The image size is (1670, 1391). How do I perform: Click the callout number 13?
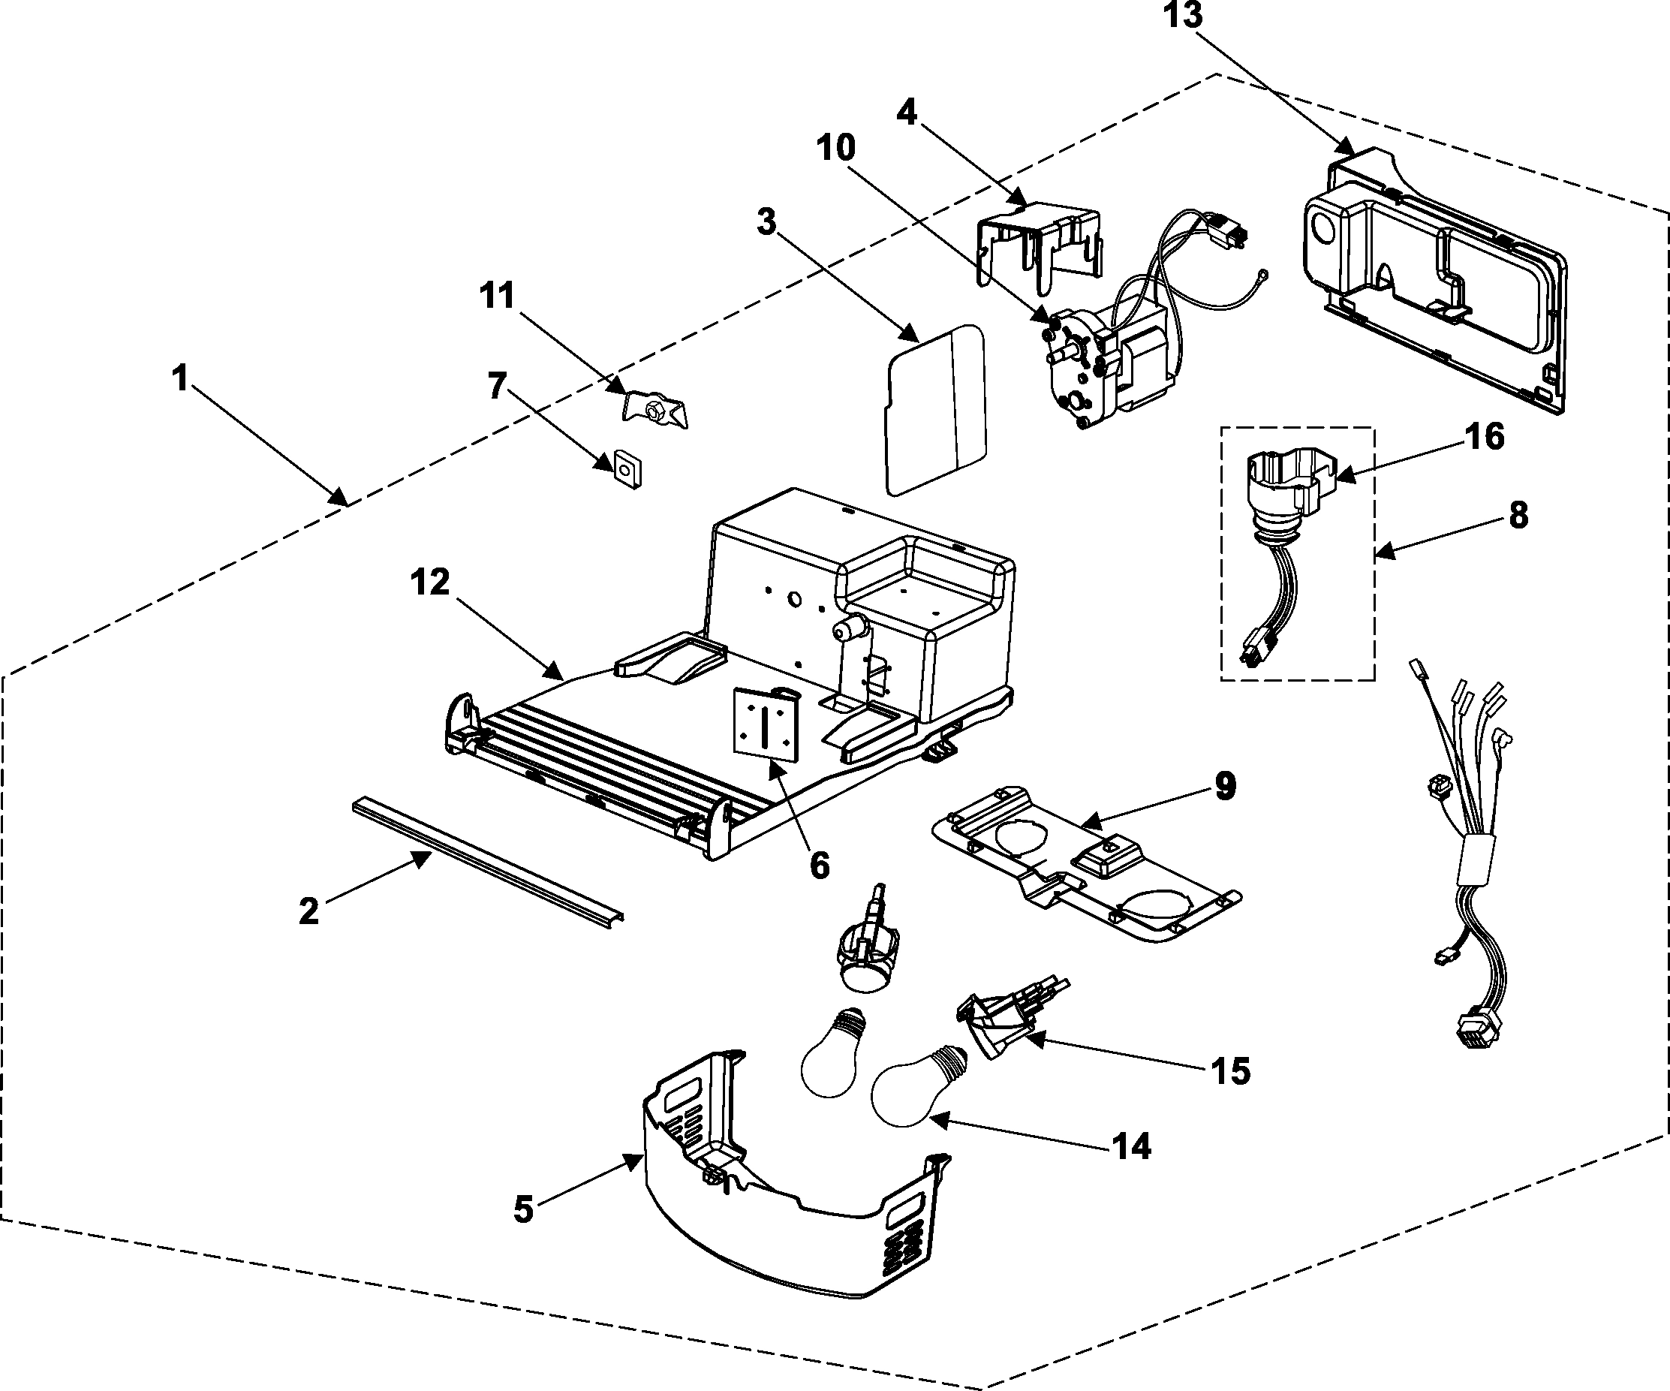coord(1183,16)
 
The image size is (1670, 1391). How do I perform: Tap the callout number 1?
coord(181,378)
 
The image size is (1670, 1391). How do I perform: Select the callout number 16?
coord(1484,437)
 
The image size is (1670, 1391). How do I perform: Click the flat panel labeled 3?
coord(936,410)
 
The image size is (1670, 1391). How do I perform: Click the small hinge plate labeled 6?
coord(765,725)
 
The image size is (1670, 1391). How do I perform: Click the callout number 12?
coord(430,583)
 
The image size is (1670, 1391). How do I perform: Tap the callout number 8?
coord(1518,516)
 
